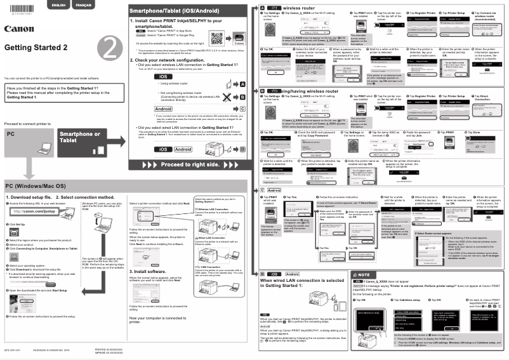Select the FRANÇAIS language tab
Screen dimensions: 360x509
(x=83, y=5)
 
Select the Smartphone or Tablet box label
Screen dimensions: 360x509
(x=79, y=138)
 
